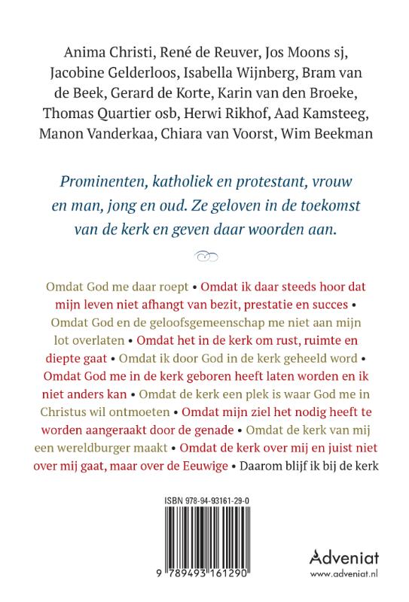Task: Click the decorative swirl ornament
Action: click(204, 257)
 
